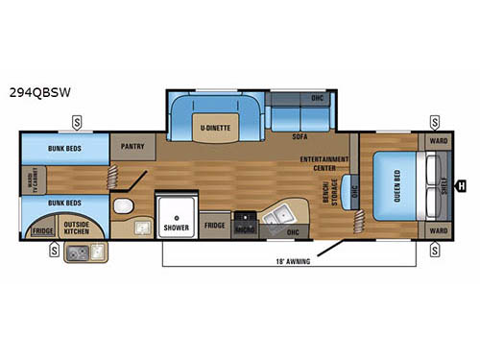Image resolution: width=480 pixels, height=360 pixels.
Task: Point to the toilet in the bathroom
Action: coord(121,209)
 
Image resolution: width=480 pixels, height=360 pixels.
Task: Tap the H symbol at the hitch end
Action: coord(462,185)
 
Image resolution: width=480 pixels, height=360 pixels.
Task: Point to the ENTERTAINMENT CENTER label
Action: coord(324,162)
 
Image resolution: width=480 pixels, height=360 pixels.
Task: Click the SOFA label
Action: coord(300,138)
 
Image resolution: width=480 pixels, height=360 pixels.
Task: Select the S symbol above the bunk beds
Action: coord(75,122)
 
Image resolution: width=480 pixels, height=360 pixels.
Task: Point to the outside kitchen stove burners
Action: coord(97,252)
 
